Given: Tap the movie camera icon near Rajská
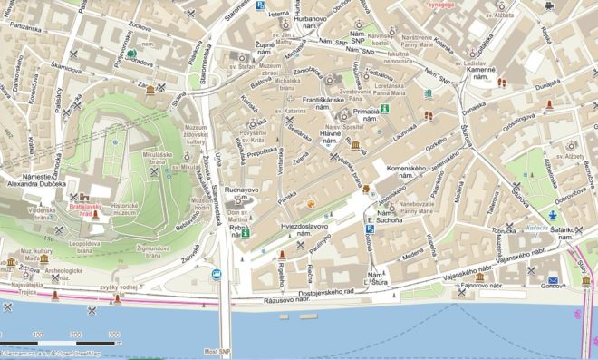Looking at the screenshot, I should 548,5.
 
